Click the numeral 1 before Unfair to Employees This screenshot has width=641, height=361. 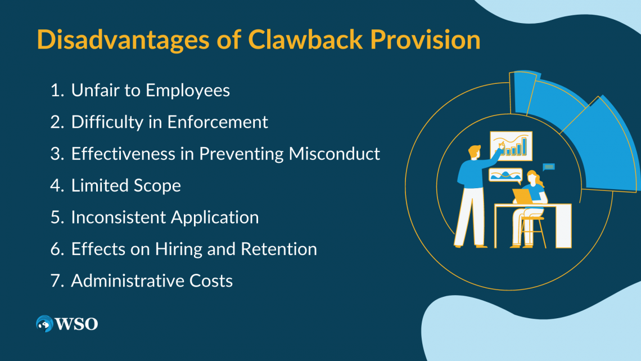coord(55,91)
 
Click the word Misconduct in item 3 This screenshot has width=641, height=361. coord(335,154)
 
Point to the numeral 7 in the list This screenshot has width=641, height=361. coord(55,280)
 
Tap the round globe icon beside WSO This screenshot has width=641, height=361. coord(44,324)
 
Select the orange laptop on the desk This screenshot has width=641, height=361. coord(522,196)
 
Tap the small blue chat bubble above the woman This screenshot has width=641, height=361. coord(549,167)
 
